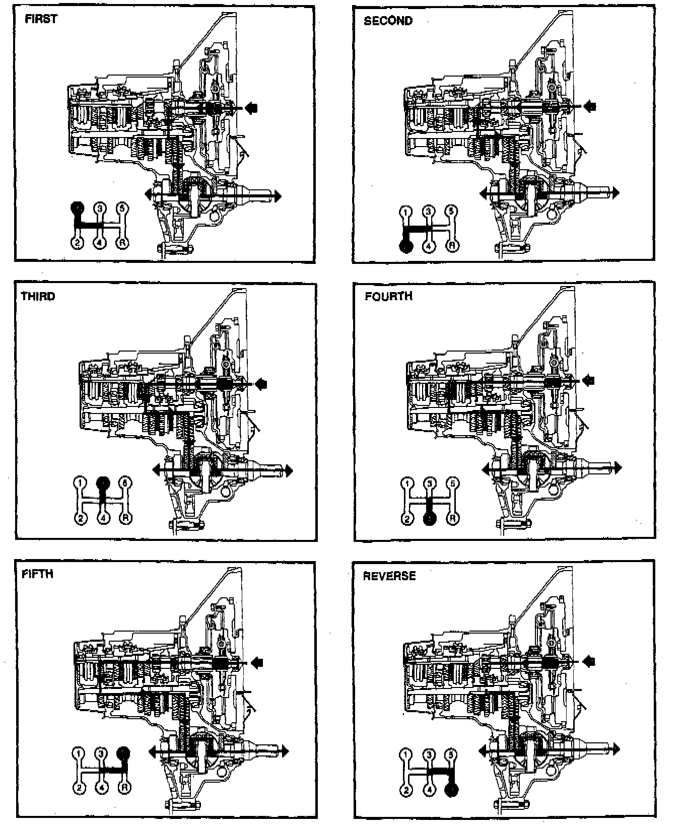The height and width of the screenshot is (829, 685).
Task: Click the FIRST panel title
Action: pos(41,19)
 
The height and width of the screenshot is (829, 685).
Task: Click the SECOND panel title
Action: pos(388,21)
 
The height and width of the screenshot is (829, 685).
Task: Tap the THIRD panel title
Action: pos(38,296)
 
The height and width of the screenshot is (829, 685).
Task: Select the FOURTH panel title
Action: pos(388,296)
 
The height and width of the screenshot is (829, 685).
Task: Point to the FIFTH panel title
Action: pos(38,574)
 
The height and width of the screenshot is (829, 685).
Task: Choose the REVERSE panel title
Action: pos(389,576)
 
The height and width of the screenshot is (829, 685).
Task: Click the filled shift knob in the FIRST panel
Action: pos(77,208)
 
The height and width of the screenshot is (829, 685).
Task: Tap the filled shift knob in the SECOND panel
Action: pos(405,246)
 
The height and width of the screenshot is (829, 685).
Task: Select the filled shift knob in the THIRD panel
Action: pos(103,482)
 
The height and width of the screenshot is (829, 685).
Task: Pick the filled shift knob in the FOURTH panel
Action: pos(430,518)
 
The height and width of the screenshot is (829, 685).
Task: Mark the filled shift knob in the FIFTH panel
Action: pos(123,753)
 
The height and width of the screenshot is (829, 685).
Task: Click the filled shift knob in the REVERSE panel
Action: pos(452,790)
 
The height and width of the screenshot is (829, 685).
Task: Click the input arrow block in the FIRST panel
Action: pos(252,107)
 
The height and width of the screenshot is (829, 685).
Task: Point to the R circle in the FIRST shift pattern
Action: pos(122,243)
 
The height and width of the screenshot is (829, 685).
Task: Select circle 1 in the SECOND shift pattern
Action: pos(405,212)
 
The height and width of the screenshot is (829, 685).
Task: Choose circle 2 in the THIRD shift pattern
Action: pos(80,518)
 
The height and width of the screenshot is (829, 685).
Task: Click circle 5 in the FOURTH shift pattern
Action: pos(453,483)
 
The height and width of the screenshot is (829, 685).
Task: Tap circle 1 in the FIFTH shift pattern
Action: pos(78,753)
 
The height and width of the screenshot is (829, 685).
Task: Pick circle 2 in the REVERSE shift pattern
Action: pos(405,790)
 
